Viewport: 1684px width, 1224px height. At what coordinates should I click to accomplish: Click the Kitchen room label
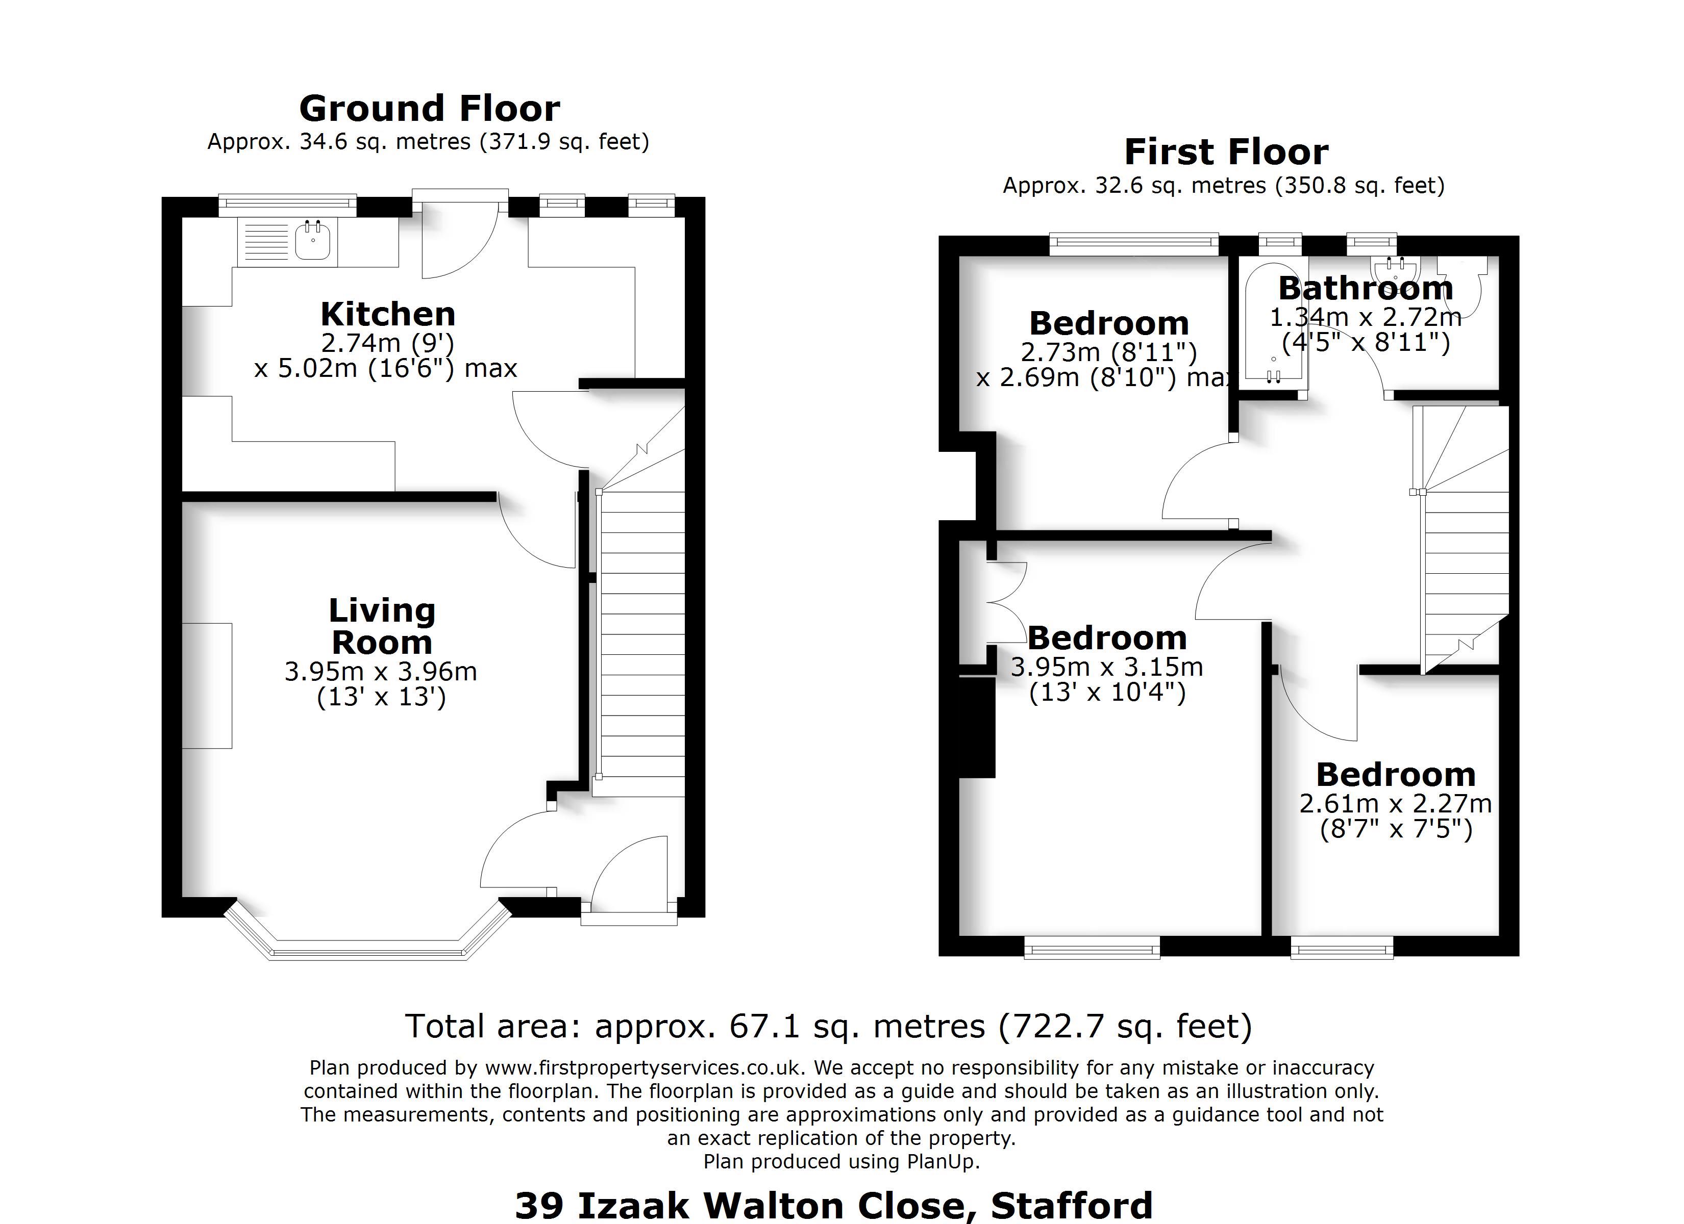pyautogui.click(x=388, y=314)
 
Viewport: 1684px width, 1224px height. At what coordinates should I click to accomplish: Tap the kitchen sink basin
pyautogui.click(x=313, y=241)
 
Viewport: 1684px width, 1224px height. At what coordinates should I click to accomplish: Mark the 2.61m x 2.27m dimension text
pyautogui.click(x=1395, y=803)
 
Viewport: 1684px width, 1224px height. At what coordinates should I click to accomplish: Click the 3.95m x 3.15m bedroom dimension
pyautogui.click(x=1106, y=667)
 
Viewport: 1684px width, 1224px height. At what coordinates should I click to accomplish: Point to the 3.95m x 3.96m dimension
pyautogui.click(x=381, y=671)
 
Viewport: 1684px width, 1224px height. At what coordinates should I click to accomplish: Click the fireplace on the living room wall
pyautogui.click(x=207, y=685)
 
